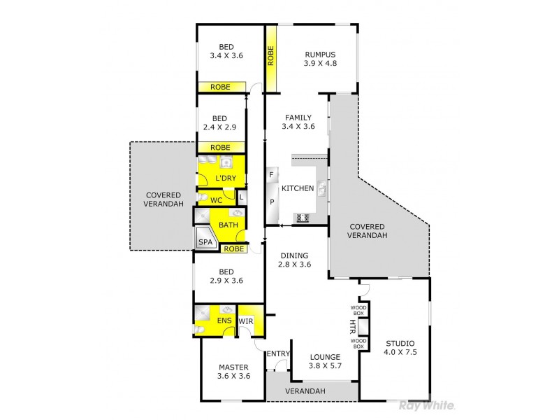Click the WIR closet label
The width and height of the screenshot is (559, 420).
click(246, 321)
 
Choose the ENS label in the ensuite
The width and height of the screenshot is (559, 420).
click(224, 321)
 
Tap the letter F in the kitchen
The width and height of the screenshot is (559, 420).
click(271, 174)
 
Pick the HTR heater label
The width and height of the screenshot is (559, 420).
click(352, 327)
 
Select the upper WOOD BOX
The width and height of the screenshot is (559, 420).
click(358, 310)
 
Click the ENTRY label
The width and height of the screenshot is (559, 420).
click(277, 354)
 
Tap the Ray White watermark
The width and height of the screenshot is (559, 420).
click(426, 405)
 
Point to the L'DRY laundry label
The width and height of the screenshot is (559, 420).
click(224, 179)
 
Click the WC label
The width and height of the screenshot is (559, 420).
click(217, 200)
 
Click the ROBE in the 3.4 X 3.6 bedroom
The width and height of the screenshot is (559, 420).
click(221, 87)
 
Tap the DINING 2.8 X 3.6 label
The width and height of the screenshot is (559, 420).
click(293, 260)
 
